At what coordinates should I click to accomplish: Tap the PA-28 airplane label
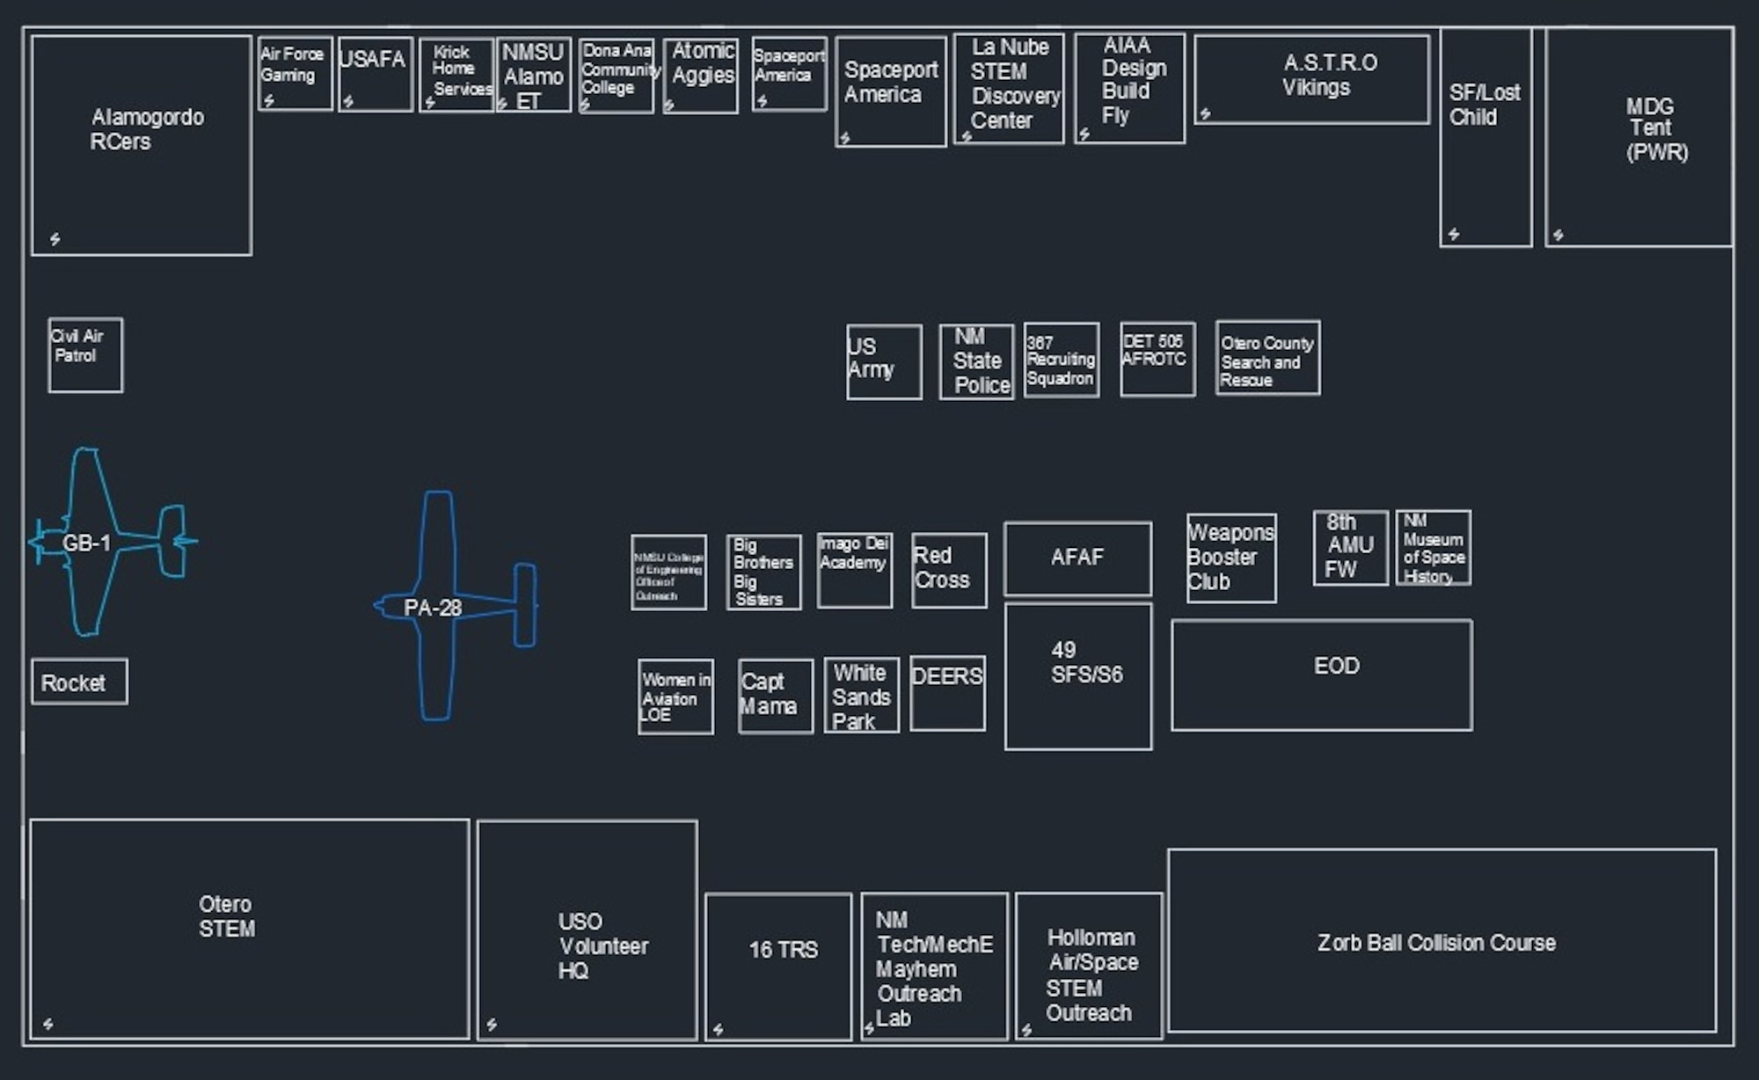(432, 608)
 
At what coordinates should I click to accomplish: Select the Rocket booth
(79, 682)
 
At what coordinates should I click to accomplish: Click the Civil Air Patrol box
(85, 354)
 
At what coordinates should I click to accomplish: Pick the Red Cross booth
(948, 570)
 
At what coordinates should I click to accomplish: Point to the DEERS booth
(947, 692)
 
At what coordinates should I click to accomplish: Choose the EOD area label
(1336, 666)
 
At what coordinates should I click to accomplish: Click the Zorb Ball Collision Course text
(1435, 943)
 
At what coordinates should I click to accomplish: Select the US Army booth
(884, 361)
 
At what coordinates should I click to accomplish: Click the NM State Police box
(976, 361)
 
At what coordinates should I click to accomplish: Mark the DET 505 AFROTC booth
(1157, 358)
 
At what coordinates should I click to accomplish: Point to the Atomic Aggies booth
(700, 75)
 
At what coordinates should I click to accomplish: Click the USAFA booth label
(372, 60)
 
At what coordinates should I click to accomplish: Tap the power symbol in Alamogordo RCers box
(55, 239)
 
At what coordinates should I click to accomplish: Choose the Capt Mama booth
(775, 696)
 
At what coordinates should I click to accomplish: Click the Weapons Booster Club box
(1230, 558)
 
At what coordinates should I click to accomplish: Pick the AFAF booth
(1077, 558)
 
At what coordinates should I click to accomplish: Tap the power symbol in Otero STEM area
(47, 1024)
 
